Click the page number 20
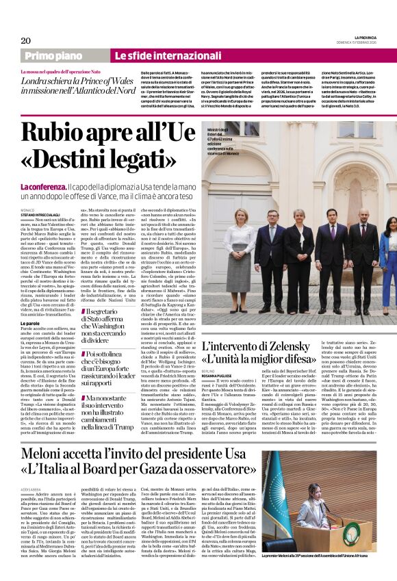[x=26, y=40]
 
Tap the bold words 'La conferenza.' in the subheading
[x=43, y=187]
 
